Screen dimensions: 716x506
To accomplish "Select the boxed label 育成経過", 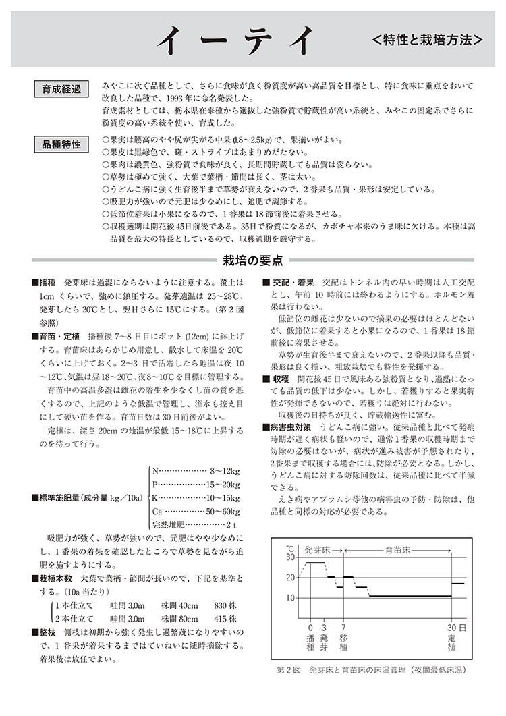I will (61, 90).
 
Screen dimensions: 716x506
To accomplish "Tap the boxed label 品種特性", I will (61, 144).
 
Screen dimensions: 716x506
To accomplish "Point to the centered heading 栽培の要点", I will (252, 260).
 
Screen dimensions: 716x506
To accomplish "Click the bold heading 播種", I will (48, 282).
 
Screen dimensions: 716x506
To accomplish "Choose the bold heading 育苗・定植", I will (60, 336).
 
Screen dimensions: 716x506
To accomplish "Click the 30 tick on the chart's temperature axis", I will (290, 557).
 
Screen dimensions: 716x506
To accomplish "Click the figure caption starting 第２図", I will (371, 671).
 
